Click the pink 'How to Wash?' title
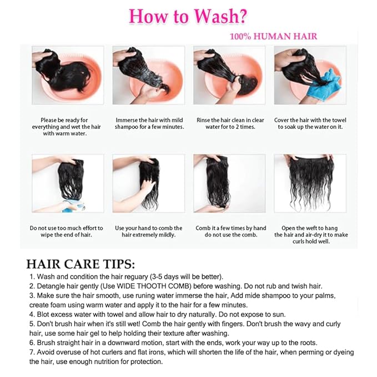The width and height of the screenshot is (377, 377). pyautogui.click(x=188, y=16)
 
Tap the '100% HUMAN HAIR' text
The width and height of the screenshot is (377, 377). pyautogui.click(x=274, y=36)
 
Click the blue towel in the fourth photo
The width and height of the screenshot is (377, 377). pyautogui.click(x=324, y=85)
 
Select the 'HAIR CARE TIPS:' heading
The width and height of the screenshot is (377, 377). pyautogui.click(x=81, y=264)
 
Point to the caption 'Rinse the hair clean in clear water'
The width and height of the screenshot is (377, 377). pyautogui.click(x=230, y=123)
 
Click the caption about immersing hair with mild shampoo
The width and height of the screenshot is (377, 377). pyautogui.click(x=149, y=123)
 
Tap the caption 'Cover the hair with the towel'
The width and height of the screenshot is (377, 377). pyautogui.click(x=310, y=123)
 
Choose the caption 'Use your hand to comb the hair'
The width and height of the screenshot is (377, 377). pyautogui.click(x=149, y=232)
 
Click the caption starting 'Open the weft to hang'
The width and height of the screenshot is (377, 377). pyautogui.click(x=311, y=235)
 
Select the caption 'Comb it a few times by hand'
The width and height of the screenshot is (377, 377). pyautogui.click(x=231, y=232)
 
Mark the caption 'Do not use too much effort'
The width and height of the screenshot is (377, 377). pyautogui.click(x=67, y=232)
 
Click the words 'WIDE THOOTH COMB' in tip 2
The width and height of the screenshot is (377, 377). pyautogui.click(x=154, y=286)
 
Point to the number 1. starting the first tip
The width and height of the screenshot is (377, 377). pyautogui.click(x=32, y=277)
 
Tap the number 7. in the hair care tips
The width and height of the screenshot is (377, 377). pyautogui.click(x=32, y=352)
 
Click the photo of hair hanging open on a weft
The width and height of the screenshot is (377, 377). pyautogui.click(x=310, y=183)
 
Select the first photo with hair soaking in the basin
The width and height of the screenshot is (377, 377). pyautogui.click(x=68, y=76)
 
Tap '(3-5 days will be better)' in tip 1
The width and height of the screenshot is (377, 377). pyautogui.click(x=187, y=277)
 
